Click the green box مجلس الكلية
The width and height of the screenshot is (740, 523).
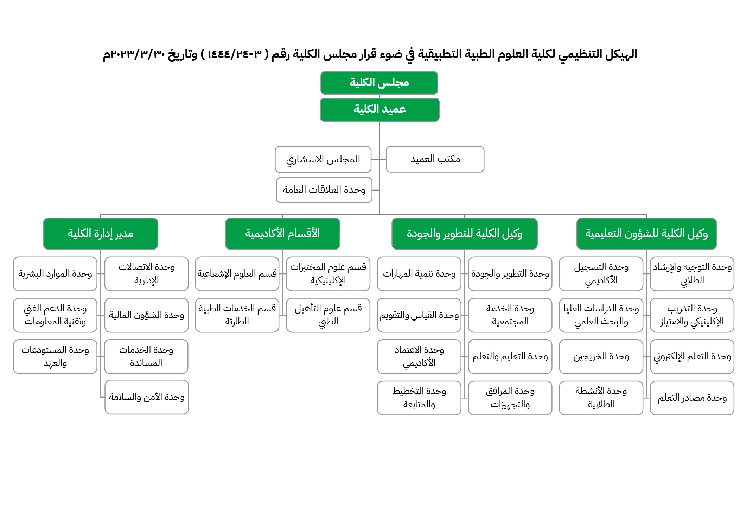pyautogui.click(x=379, y=83)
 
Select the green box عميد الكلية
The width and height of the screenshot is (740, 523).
pyautogui.click(x=379, y=110)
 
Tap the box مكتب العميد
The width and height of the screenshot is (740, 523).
pyautogui.click(x=435, y=159)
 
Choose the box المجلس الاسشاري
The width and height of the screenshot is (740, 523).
pyautogui.click(x=323, y=159)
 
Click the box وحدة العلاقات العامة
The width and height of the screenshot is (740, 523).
pyautogui.click(x=324, y=190)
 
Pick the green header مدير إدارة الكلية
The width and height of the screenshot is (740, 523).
pyautogui.click(x=101, y=234)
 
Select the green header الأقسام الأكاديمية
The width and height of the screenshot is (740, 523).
pyautogui.click(x=282, y=234)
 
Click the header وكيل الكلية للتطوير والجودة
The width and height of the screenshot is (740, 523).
pyautogui.click(x=464, y=234)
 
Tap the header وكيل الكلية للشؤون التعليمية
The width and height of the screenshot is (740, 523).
pyautogui.click(x=646, y=234)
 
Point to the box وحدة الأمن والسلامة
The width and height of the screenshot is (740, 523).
pyautogui.click(x=147, y=397)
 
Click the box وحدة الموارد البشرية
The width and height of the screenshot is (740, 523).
pyautogui.click(x=55, y=274)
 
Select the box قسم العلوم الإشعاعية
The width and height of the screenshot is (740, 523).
pyautogui.click(x=237, y=274)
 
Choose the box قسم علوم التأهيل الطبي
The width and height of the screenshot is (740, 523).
pyautogui.click(x=328, y=315)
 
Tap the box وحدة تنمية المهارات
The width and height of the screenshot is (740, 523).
pyautogui.click(x=419, y=274)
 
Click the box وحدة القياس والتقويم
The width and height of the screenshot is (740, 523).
pyautogui.click(x=419, y=315)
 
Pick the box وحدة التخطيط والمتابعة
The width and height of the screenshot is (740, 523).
pyautogui.click(x=419, y=398)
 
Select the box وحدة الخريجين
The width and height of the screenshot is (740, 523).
pyautogui.click(x=601, y=356)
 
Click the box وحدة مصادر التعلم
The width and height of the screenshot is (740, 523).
pyautogui.click(x=692, y=398)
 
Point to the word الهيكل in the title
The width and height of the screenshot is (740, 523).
pyautogui.click(x=621, y=54)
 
